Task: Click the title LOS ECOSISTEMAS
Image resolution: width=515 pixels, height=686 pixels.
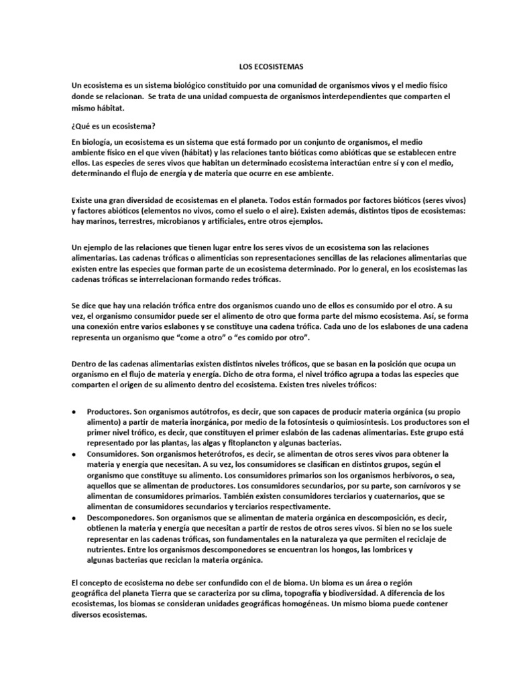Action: click(271, 68)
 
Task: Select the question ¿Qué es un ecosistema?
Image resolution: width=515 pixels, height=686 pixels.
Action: click(113, 125)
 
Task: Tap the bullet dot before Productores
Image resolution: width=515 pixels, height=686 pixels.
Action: click(73, 411)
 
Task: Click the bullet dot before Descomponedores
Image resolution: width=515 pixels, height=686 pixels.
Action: click(73, 519)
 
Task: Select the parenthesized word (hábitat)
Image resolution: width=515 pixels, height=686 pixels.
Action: click(190, 153)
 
